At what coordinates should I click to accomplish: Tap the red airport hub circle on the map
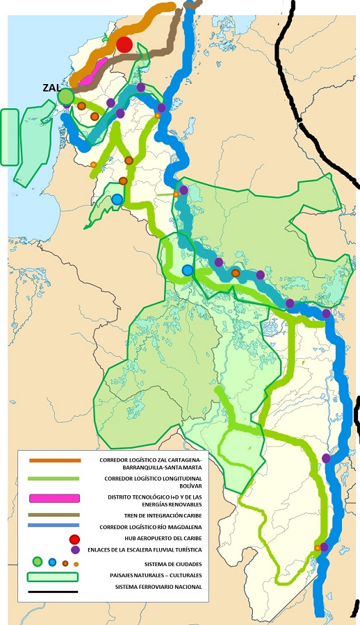(x=124, y=45)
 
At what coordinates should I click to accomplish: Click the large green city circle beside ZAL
(x=66, y=97)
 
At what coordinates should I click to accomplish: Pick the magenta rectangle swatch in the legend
(x=55, y=498)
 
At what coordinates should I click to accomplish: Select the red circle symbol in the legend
(x=75, y=539)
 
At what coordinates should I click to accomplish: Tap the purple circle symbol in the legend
(x=75, y=549)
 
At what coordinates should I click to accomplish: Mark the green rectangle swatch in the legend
(x=52, y=576)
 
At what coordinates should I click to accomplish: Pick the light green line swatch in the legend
(x=55, y=478)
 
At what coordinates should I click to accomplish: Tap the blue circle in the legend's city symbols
(x=52, y=562)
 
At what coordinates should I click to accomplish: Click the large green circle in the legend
(x=38, y=562)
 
